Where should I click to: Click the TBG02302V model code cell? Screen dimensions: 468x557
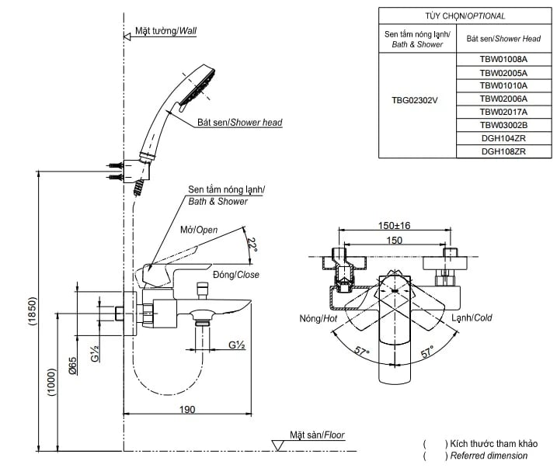[416, 101]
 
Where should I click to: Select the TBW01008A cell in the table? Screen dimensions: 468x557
[503, 59]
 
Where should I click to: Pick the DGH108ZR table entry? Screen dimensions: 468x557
[503, 151]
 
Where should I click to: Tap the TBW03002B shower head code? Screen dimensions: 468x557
[503, 125]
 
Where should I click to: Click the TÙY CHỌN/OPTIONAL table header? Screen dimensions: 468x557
[465, 16]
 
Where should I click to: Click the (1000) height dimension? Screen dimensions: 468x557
[52, 382]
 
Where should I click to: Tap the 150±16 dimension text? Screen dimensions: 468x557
[394, 225]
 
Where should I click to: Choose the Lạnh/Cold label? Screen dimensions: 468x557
[472, 317]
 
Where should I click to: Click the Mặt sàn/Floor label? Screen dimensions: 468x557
[317, 435]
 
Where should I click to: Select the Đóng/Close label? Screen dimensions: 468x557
[235, 275]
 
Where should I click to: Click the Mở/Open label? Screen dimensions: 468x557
[199, 230]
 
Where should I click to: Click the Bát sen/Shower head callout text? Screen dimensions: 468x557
[239, 123]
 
